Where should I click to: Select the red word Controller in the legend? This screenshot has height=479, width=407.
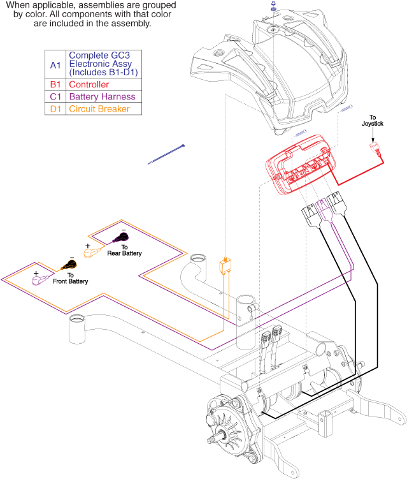pyautogui.click(x=89, y=84)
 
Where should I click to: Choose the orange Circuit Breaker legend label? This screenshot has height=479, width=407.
pyautogui.click(x=99, y=108)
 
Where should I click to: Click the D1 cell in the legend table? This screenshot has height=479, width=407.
pyautogui.click(x=55, y=108)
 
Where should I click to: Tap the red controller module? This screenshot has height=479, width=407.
pyautogui.click(x=299, y=165)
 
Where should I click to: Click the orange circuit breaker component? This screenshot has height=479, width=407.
pyautogui.click(x=225, y=265)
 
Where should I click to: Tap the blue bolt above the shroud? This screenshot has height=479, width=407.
pyautogui.click(x=272, y=8)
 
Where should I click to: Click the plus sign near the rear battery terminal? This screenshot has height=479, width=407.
pyautogui.click(x=87, y=245)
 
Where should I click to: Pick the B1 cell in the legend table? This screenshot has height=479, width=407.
pyautogui.click(x=55, y=84)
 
